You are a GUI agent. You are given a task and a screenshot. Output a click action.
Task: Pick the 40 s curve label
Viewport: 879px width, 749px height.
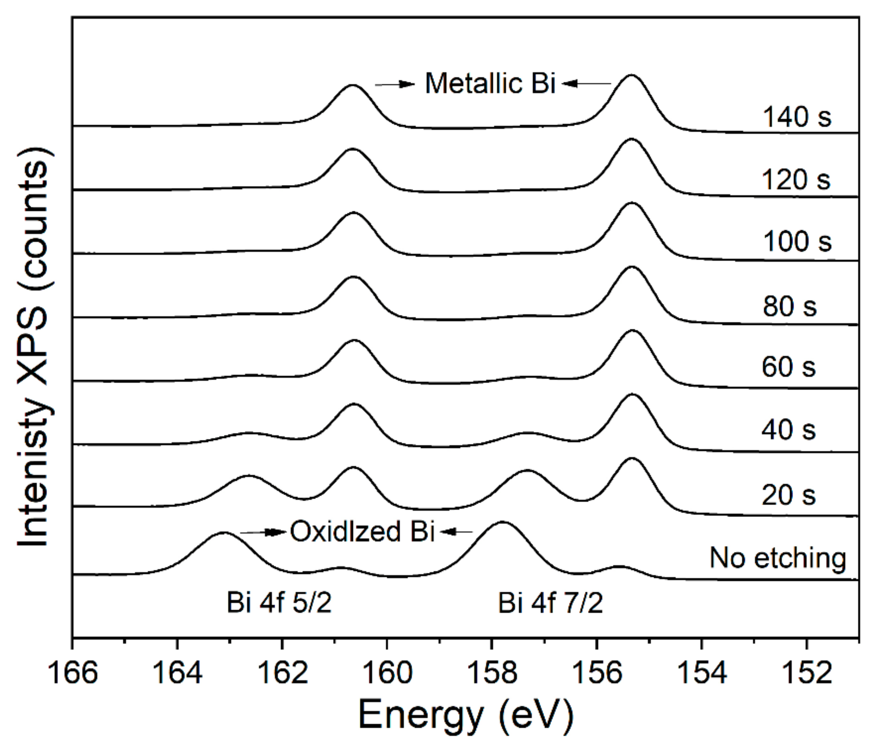coord(788,430)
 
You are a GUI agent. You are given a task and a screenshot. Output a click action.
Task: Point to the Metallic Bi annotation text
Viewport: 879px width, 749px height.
coord(490,83)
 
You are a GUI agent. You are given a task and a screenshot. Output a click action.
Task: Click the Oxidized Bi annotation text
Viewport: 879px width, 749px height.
coord(362,531)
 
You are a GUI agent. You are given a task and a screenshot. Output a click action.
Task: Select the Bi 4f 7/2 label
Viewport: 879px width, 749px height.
coord(550,603)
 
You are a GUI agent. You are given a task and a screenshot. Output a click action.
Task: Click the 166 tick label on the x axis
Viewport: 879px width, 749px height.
coord(73,674)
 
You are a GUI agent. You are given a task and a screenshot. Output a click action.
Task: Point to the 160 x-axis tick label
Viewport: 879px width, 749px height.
coord(387,674)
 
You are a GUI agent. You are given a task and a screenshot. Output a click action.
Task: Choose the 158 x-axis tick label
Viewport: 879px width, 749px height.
coord(492,674)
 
